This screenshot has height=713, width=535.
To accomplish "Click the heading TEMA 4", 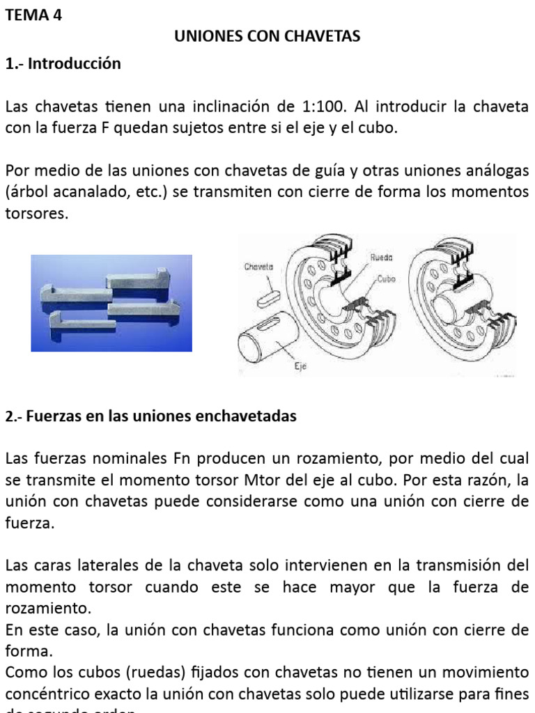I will (33, 16).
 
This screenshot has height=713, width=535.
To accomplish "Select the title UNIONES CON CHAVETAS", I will (267, 36).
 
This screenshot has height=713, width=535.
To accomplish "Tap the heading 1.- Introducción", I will (63, 64).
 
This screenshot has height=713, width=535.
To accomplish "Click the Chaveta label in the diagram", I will (259, 266).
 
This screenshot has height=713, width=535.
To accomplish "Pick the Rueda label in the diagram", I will (381, 257).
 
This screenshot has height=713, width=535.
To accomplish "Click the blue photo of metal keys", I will (111, 303).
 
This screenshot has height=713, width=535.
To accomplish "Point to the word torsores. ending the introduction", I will (37, 214).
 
